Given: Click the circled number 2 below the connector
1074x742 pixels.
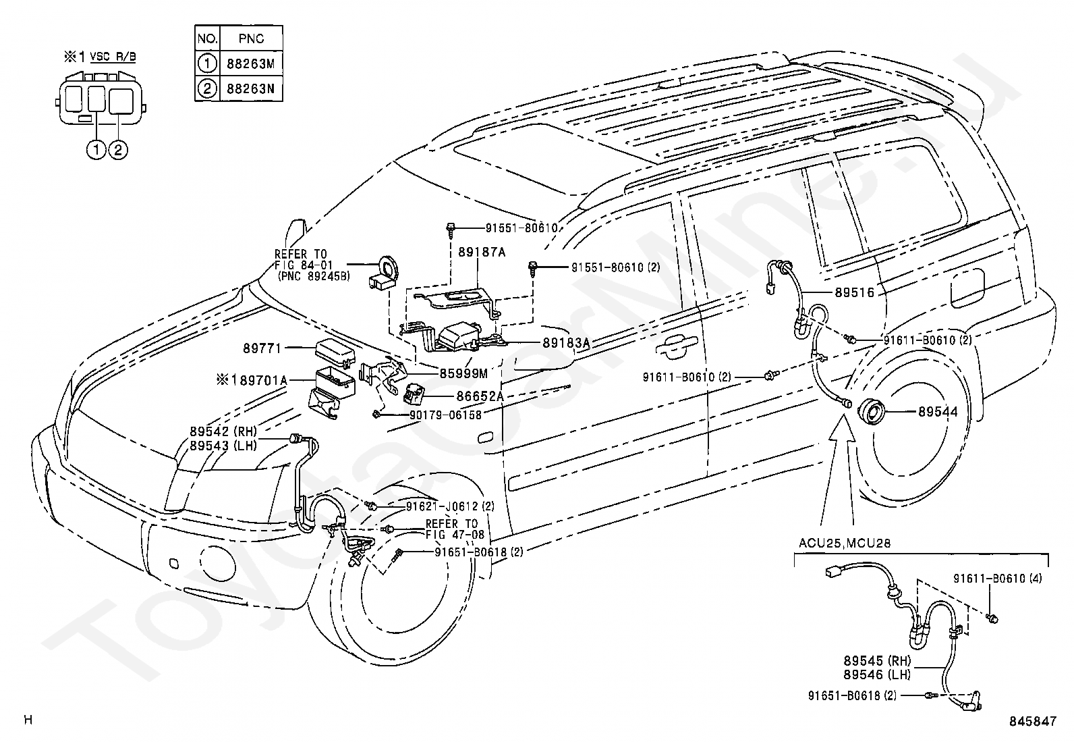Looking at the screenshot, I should [118, 151].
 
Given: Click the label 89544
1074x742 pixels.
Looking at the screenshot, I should [938, 411].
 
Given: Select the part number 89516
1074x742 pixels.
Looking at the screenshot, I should [854, 292].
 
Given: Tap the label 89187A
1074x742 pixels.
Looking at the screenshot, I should [482, 252].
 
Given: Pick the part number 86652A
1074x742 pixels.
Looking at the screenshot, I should [480, 396].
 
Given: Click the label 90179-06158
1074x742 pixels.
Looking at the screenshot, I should [445, 415].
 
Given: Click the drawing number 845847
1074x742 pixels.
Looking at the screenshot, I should [1032, 721].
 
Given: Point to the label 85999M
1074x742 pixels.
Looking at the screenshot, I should [463, 373].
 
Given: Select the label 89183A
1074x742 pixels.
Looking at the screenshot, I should [566, 343].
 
